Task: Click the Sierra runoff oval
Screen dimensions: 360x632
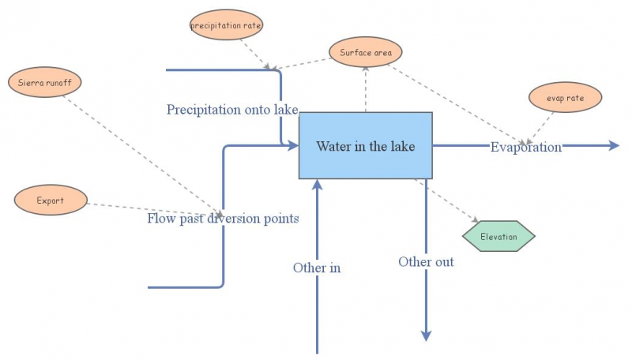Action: pyautogui.click(x=45, y=81)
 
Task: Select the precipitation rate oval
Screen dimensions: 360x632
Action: pyautogui.click(x=226, y=25)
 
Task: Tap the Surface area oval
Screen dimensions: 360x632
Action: pyautogui.click(x=366, y=53)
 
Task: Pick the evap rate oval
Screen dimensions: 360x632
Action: pyautogui.click(x=565, y=98)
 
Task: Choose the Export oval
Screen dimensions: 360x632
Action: pyautogui.click(x=50, y=200)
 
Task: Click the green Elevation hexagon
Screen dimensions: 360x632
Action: pyautogui.click(x=498, y=236)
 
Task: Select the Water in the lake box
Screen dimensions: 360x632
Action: pyautogui.click(x=365, y=145)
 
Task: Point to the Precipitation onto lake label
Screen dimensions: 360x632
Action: pyautogui.click(x=231, y=110)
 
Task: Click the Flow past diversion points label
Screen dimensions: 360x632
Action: pyautogui.click(x=223, y=219)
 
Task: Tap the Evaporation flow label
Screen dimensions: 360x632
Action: pyautogui.click(x=525, y=147)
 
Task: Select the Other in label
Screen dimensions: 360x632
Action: pyautogui.click(x=317, y=268)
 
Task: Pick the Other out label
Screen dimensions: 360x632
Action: pyautogui.click(x=426, y=261)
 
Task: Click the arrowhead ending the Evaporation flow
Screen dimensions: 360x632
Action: pyautogui.click(x=614, y=145)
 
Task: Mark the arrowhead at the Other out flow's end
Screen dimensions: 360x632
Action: pyautogui.click(x=426, y=336)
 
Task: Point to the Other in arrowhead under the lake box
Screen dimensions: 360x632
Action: pyautogui.click(x=317, y=185)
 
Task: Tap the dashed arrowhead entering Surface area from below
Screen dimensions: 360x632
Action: pyautogui.click(x=366, y=69)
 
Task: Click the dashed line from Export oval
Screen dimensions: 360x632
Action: pyautogui.click(x=142, y=208)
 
